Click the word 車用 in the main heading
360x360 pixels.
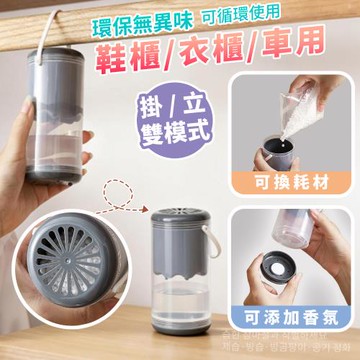tap(308, 53)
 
